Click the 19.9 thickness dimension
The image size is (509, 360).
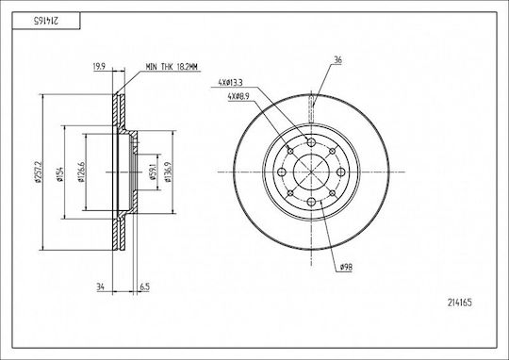pyautogui.click(x=99, y=67)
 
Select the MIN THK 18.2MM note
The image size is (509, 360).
pyautogui.click(x=172, y=67)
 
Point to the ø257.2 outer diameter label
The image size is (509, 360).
pyautogui.click(x=39, y=172)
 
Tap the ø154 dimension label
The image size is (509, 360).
pyautogui.click(x=59, y=174)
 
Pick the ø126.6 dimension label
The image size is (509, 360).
pyautogui.click(x=81, y=172)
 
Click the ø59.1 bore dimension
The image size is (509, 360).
pyautogui.click(x=152, y=172)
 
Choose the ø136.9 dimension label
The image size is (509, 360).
pyautogui.click(x=168, y=172)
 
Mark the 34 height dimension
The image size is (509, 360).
pyautogui.click(x=100, y=286)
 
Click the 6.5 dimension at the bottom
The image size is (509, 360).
pyautogui.click(x=145, y=286)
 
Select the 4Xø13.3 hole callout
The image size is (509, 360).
pyautogui.click(x=230, y=83)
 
